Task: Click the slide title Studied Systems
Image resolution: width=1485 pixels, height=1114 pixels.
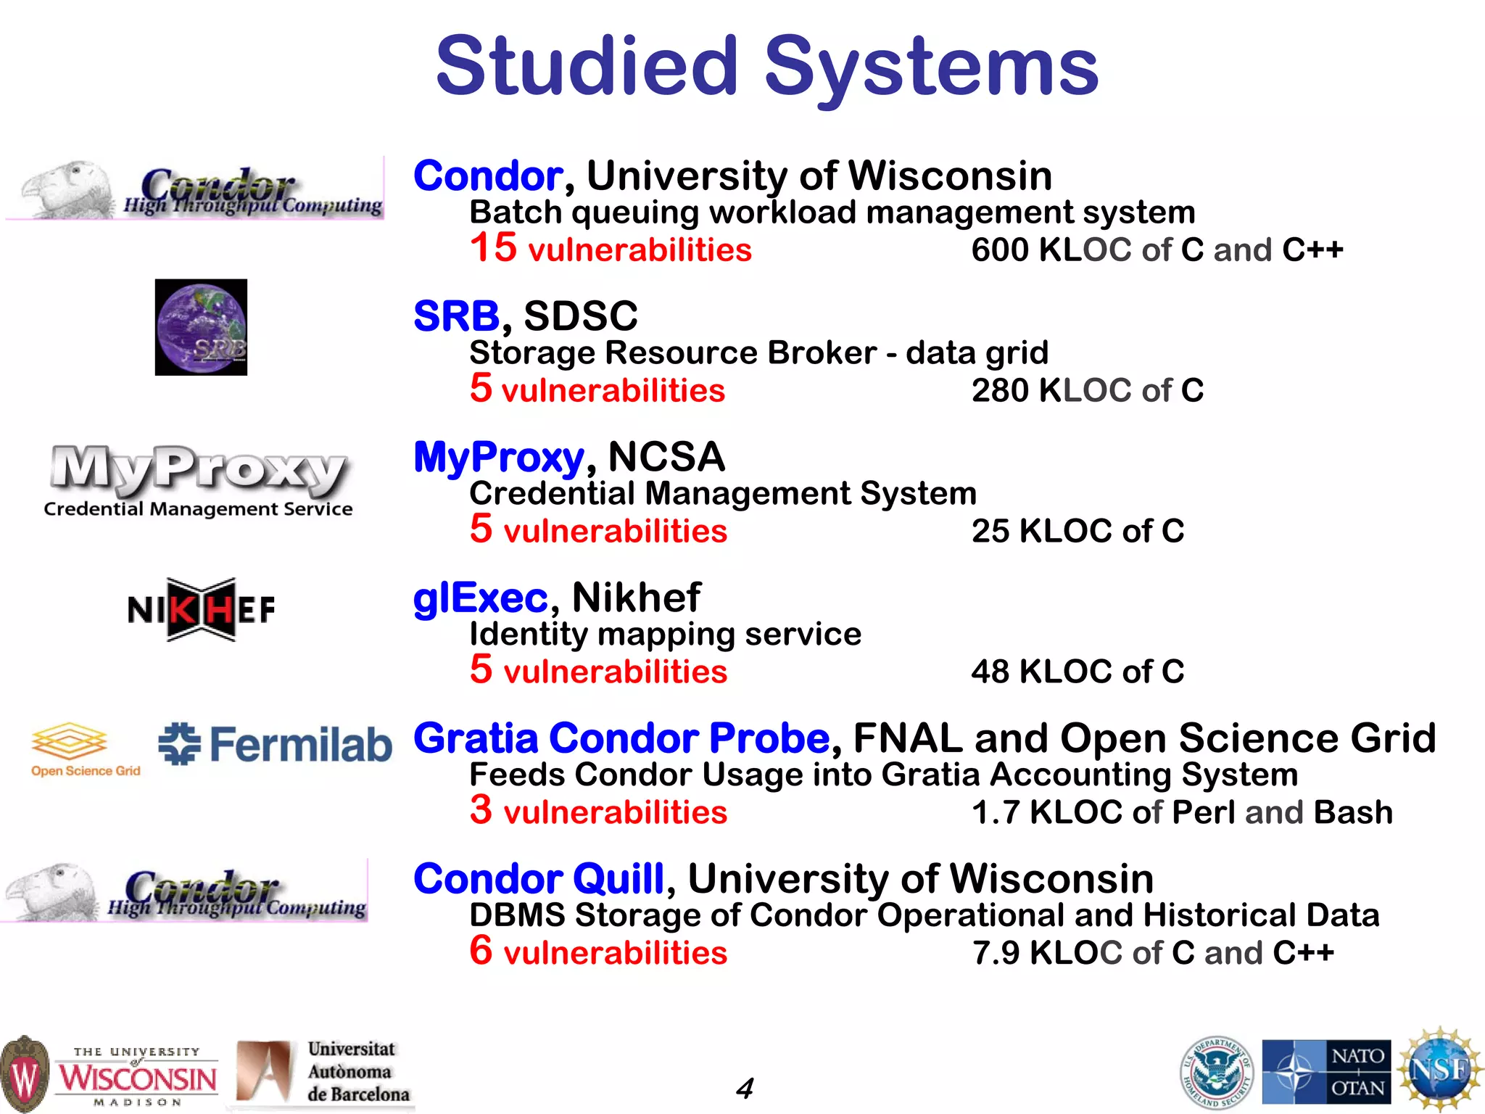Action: click(767, 67)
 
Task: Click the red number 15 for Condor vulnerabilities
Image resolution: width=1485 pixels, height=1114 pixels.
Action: click(493, 247)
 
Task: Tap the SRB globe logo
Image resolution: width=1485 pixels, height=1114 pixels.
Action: click(201, 327)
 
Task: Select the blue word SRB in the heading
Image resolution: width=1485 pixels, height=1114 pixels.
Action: click(456, 316)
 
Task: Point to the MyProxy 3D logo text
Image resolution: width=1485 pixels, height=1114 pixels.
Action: click(197, 468)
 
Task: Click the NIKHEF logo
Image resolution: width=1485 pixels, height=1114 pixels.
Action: click(201, 609)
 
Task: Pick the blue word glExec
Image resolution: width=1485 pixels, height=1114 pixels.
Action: click(480, 598)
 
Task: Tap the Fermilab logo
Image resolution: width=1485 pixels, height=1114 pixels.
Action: click(275, 744)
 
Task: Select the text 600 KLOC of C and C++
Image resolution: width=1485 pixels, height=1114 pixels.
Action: click(1157, 250)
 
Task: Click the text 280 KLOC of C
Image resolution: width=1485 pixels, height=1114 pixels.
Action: click(1087, 391)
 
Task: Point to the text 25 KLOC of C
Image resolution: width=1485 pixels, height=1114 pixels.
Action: click(1077, 531)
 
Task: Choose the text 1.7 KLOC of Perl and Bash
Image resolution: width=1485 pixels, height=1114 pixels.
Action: click(1182, 812)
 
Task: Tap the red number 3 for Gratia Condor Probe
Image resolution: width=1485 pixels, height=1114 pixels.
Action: click(481, 809)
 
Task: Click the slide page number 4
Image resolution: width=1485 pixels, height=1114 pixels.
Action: click(744, 1088)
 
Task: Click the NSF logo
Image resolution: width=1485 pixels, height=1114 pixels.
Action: click(1439, 1070)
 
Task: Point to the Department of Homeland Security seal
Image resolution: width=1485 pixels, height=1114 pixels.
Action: click(1216, 1072)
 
